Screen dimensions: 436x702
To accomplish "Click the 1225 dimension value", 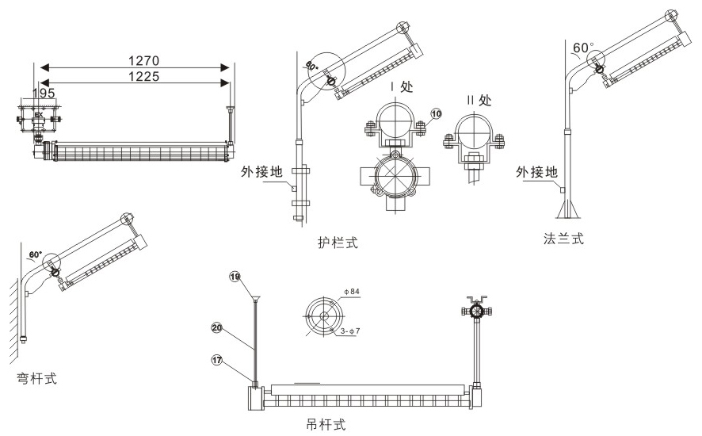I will [143, 77].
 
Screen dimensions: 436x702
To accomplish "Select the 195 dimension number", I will [44, 93].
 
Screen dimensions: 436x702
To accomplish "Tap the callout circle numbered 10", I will [436, 114].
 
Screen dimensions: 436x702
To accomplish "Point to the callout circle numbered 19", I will [234, 277].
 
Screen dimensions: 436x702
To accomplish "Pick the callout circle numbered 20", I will [216, 326].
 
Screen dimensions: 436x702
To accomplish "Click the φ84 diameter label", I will [351, 293].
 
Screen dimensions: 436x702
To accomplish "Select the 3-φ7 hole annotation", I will [349, 330].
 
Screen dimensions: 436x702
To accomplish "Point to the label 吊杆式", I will [326, 424].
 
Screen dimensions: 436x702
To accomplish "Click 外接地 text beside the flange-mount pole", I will [536, 171].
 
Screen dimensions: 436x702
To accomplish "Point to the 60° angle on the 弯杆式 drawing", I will [36, 255].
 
